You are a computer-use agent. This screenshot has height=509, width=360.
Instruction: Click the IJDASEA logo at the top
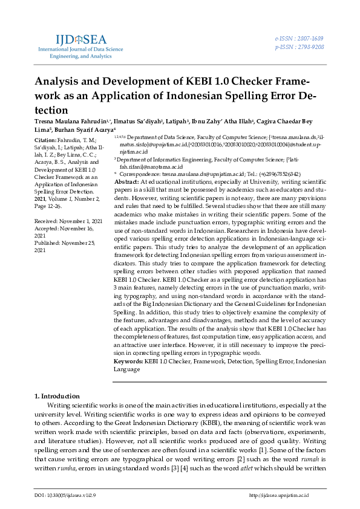pyautogui.click(x=80, y=39)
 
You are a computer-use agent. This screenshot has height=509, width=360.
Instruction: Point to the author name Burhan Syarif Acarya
pyautogui.click(x=83, y=129)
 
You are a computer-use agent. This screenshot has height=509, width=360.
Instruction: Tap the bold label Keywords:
pyautogui.click(x=129, y=361)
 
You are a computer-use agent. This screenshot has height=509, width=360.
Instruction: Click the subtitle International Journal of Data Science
pyautogui.click(x=81, y=50)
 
